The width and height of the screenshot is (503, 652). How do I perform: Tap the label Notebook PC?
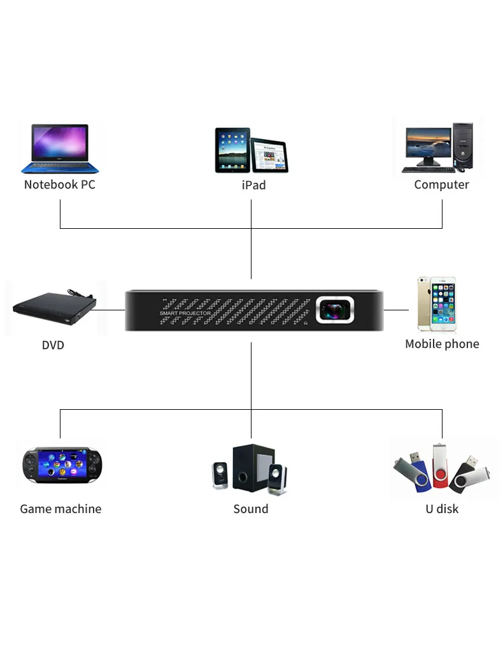pos(60,185)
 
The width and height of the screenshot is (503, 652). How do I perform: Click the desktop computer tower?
pos(463,145)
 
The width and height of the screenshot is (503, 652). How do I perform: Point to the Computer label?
pos(441,185)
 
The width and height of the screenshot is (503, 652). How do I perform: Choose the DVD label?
pos(53,345)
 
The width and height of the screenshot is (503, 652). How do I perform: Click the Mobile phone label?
pos(442,344)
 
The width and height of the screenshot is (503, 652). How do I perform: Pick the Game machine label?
pos(60,509)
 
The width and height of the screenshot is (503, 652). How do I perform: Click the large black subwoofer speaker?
pos(253,467)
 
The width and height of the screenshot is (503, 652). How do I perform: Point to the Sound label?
pos(251,509)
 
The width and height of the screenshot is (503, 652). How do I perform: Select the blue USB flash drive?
pos(412,472)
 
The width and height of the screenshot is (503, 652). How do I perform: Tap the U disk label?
pos(442,509)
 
